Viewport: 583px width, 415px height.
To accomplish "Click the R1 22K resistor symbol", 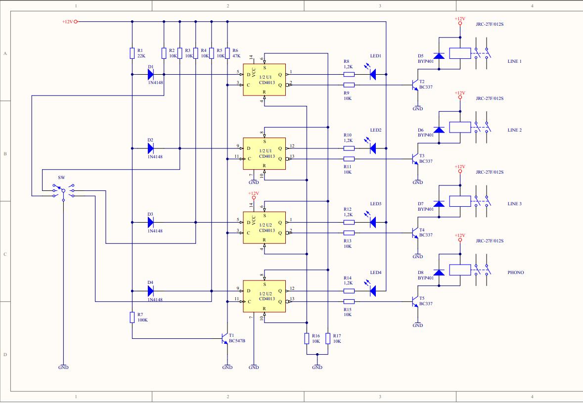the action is (132, 53).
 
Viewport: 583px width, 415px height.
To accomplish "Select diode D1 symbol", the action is (151, 74).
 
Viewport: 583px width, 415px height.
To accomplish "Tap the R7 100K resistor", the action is (132, 317).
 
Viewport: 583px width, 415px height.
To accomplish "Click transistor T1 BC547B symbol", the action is (224, 338).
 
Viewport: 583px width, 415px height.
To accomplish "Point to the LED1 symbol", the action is (372, 74).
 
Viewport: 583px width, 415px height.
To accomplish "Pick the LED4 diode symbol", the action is (372, 291).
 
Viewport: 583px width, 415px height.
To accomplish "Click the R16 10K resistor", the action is (307, 338).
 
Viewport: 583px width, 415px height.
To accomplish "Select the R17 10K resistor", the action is (328, 338).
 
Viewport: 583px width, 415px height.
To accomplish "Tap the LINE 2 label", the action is (515, 130).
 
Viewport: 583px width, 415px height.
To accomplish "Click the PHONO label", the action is (516, 273).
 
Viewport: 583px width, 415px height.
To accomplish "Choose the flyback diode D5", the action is (439, 56).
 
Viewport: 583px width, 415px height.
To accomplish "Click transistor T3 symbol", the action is (415, 159).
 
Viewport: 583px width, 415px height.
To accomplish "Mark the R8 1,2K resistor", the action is (349, 74).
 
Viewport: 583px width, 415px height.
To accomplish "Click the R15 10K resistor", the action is (349, 302).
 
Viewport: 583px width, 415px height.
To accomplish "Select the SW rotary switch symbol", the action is (63, 191).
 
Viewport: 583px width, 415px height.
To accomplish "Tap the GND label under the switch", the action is (64, 368).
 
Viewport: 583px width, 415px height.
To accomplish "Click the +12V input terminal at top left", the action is (76, 22).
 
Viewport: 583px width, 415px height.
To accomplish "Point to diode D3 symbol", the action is (151, 223).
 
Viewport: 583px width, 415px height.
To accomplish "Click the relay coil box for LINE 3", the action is (460, 201).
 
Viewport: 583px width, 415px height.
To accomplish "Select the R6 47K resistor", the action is (227, 53).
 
